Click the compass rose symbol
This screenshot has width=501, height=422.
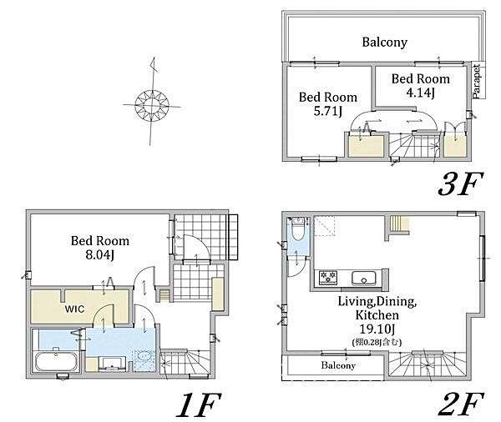152,105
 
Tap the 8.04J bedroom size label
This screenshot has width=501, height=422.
100,255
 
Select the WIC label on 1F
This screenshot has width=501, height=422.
75,309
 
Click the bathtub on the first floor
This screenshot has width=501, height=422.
57,361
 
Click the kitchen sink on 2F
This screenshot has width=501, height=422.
363,279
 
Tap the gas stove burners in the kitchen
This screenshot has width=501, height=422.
328,278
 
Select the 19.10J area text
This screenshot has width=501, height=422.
377,329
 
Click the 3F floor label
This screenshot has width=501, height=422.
460,184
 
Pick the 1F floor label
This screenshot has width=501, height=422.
199,405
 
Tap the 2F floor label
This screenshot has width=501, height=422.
460,404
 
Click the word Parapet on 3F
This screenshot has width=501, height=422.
477,81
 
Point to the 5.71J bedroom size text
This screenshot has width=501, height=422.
328,112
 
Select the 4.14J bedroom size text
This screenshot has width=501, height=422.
421,93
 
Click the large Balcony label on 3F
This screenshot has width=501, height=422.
384,43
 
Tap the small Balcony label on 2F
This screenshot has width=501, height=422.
338,365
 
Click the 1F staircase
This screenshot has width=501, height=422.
185,362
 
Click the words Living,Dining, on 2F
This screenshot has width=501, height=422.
377,301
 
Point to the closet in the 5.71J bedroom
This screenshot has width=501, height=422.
366,146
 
